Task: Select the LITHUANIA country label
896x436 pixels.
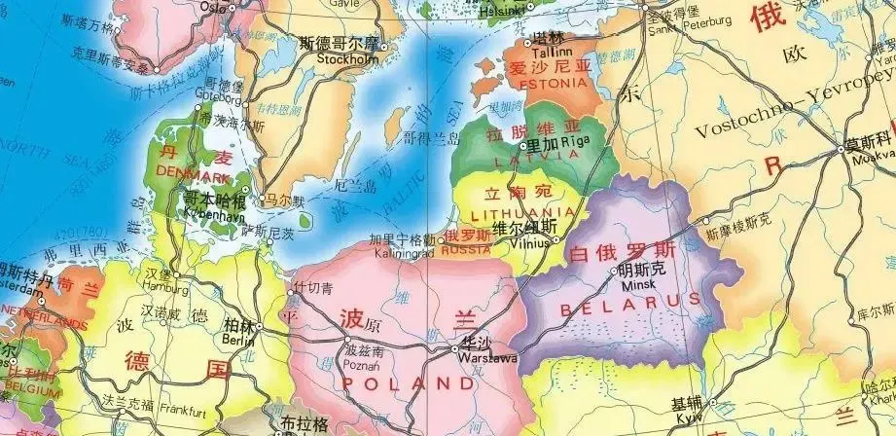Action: coord(521,211)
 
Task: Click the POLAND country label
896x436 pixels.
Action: coord(399,382)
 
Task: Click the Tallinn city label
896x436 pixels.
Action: coord(550,52)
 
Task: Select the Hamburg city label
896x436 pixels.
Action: coord(166,289)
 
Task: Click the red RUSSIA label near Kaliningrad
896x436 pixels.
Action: coord(466,250)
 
